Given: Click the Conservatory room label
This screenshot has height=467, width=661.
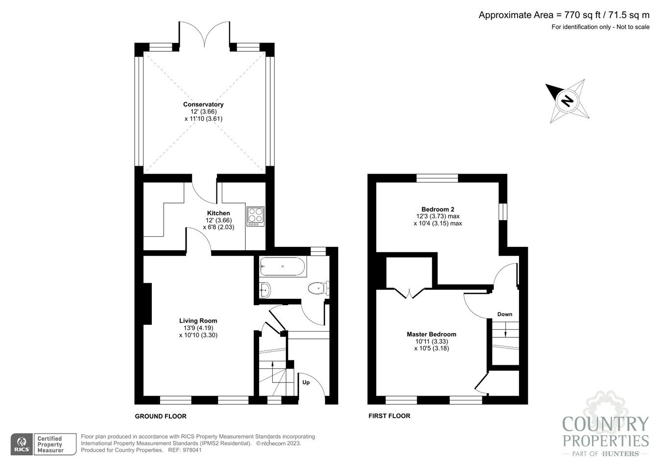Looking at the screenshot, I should [x=203, y=104].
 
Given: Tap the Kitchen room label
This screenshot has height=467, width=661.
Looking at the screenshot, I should [x=218, y=213].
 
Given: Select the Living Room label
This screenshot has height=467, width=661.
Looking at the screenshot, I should [x=198, y=321].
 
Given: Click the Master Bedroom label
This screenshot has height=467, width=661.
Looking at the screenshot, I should [x=431, y=334].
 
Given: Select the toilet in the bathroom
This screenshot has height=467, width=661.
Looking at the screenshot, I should [x=318, y=289].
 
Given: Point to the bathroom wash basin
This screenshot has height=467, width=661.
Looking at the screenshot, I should [x=264, y=290].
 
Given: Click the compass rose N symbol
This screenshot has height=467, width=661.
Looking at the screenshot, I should [x=567, y=101].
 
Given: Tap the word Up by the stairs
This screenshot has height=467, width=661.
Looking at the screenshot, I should [x=306, y=382].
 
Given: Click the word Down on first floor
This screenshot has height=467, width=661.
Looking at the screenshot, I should [x=505, y=314].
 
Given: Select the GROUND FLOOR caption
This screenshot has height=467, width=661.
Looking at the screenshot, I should [x=161, y=416].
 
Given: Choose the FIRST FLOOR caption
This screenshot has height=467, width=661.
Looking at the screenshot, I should [x=389, y=416].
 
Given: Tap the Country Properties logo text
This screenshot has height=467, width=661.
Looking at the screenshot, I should [x=605, y=431].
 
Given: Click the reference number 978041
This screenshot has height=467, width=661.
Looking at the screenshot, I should [x=191, y=450].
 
